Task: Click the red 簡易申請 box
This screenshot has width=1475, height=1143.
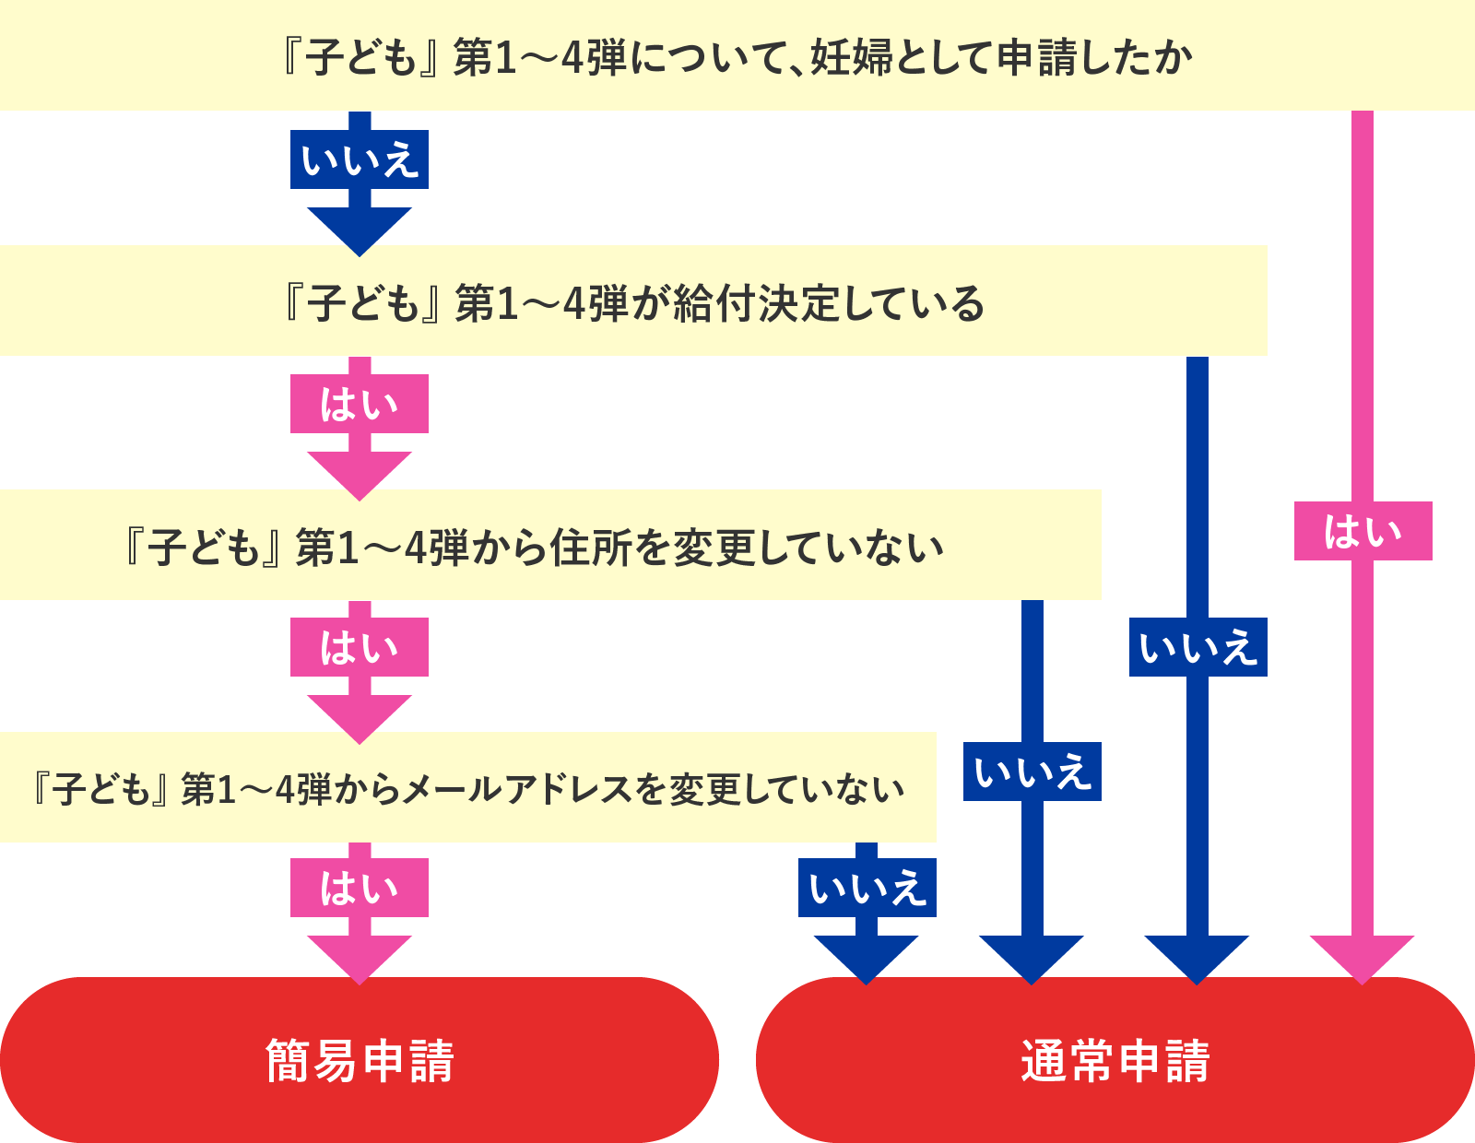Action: (x=360, y=1060)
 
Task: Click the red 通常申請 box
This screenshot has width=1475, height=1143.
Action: (x=1115, y=1060)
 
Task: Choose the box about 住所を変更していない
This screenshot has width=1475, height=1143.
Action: (x=551, y=547)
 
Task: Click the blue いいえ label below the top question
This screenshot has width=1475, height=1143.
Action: (x=360, y=160)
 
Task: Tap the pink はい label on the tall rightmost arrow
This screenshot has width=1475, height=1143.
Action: (x=1363, y=532)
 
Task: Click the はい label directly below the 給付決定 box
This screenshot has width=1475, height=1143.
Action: (x=360, y=405)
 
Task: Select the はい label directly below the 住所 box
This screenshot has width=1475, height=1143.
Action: (x=360, y=648)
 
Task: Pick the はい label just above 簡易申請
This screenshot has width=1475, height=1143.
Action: (x=360, y=889)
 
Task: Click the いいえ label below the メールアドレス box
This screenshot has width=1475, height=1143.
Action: (x=867, y=889)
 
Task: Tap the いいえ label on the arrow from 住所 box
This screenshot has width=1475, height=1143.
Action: (x=1032, y=772)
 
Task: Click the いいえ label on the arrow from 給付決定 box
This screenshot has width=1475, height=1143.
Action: (x=1198, y=648)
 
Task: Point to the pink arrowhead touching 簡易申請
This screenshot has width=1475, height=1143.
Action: (x=360, y=957)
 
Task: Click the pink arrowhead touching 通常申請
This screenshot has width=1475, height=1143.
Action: (x=1362, y=957)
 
